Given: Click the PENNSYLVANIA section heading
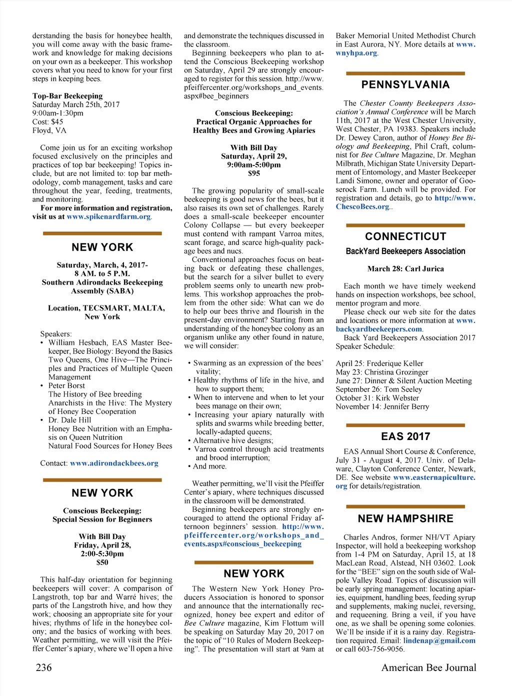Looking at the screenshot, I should pyautogui.click(x=405, y=85).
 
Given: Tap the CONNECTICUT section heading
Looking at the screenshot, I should pyautogui.click(x=405, y=236).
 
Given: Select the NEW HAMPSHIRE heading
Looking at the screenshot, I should pyautogui.click(x=405, y=519).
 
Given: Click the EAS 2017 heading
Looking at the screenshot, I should pyautogui.click(x=405, y=436).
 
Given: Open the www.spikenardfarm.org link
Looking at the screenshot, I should pyautogui.click(x=108, y=216).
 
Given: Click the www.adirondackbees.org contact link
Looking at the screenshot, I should pyautogui.click(x=114, y=463).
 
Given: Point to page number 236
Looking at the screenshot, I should pyautogui.click(x=43, y=667).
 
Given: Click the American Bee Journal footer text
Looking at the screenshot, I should pyautogui.click(x=428, y=667).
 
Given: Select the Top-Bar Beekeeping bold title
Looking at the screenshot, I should pyautogui.click(x=67, y=96).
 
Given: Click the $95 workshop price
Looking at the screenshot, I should pyautogui.click(x=254, y=173).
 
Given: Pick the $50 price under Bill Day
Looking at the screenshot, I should pyautogui.click(x=102, y=562).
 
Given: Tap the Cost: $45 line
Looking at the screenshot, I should pyautogui.click(x=48, y=122).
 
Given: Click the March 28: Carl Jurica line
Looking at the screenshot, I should pyautogui.click(x=405, y=269).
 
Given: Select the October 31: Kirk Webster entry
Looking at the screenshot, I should pyautogui.click(x=377, y=398).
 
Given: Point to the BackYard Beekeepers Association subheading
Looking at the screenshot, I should pyautogui.click(x=405, y=251).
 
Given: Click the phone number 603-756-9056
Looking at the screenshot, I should pyautogui.click(x=380, y=649).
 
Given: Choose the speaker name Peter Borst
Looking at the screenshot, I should pyautogui.click(x=66, y=385).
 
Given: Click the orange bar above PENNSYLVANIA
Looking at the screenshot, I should pyautogui.click(x=405, y=73).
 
